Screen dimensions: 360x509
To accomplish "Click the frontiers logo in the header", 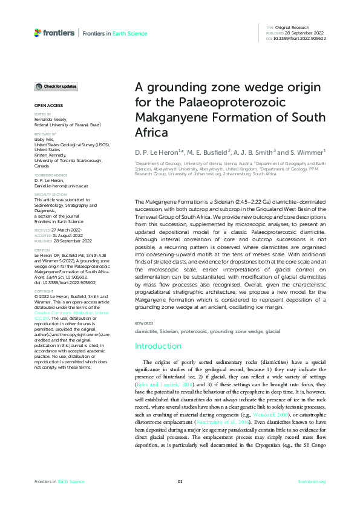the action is (54, 33).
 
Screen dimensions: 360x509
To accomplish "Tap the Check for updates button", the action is (56, 86).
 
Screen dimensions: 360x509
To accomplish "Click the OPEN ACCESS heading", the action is (48, 105).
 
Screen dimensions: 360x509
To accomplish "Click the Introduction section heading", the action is (158, 346).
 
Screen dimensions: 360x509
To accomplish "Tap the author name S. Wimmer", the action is (310, 151).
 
